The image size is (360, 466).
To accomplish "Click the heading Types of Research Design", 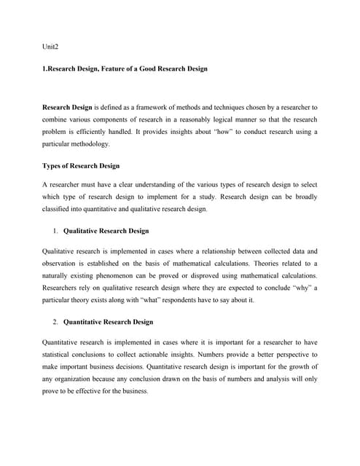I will pyautogui.click(x=81, y=166).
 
